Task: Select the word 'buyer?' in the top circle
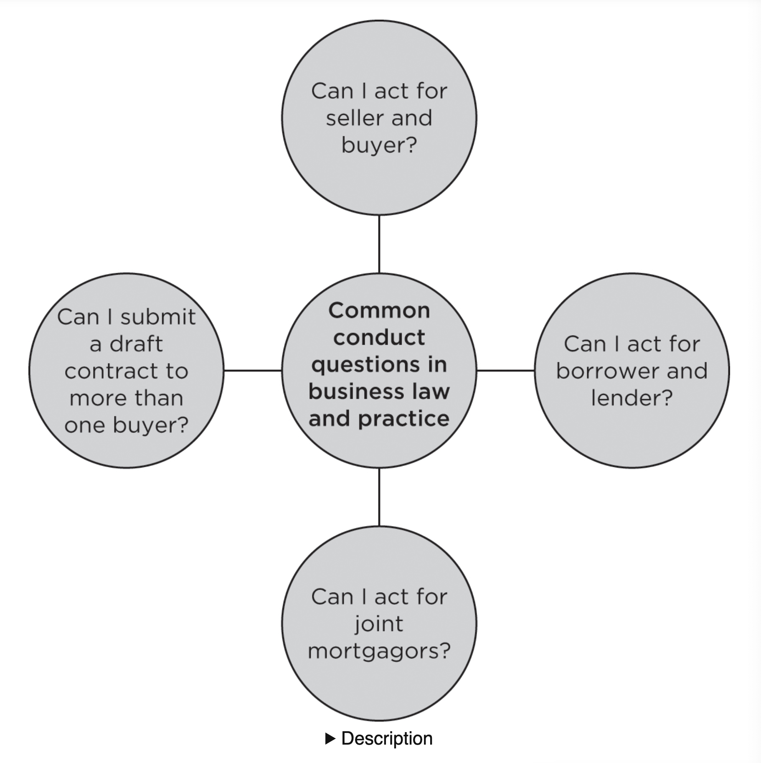pyautogui.click(x=379, y=145)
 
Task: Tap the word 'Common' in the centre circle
pyautogui.click(x=379, y=310)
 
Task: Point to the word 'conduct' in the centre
pyautogui.click(x=379, y=338)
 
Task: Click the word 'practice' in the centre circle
pyautogui.click(x=403, y=419)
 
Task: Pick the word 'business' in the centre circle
pyautogui.click(x=356, y=392)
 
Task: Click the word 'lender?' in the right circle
pyautogui.click(x=632, y=398)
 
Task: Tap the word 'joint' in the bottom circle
pyautogui.click(x=379, y=624)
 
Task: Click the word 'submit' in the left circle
pyautogui.click(x=158, y=317)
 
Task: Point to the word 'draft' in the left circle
pyautogui.click(x=136, y=344)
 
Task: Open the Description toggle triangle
pyautogui.click(x=330, y=739)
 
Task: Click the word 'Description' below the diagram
pyautogui.click(x=387, y=739)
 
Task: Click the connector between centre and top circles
pyautogui.click(x=379, y=244)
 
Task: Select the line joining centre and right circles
pyautogui.click(x=505, y=370)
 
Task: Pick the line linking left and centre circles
pyautogui.click(x=253, y=370)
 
